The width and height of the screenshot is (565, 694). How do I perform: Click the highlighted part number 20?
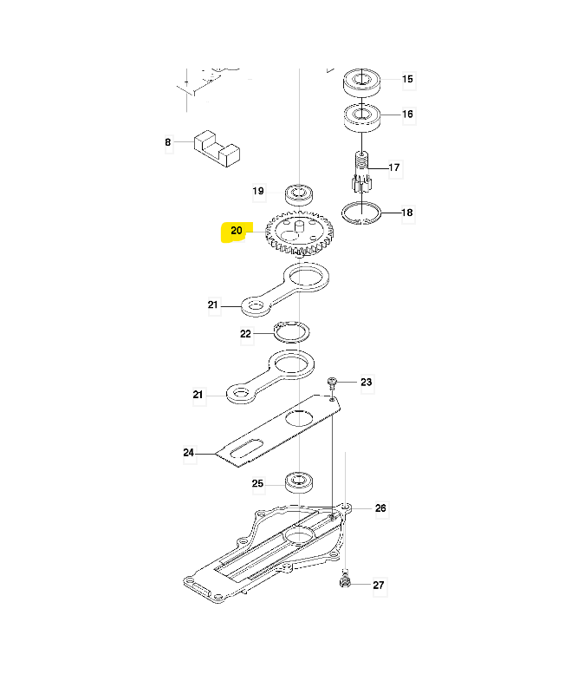click(x=237, y=231)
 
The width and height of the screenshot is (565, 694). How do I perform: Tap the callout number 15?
click(x=407, y=79)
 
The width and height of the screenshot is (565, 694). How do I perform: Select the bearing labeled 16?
click(x=362, y=117)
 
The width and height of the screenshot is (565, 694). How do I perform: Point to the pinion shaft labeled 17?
click(x=362, y=172)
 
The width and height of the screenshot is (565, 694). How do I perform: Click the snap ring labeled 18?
click(x=361, y=213)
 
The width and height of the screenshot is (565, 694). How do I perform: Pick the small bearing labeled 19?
click(x=299, y=194)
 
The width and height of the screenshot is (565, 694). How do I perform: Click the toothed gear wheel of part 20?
click(x=299, y=233)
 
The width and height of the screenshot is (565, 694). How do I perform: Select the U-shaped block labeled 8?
click(x=217, y=148)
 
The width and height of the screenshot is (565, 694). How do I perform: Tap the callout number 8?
click(x=168, y=142)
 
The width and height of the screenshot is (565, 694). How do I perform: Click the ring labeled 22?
click(x=291, y=331)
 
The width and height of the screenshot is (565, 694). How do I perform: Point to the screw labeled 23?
click(x=332, y=383)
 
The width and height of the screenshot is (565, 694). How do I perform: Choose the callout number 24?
click(x=189, y=453)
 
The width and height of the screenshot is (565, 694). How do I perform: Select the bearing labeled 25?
click(x=299, y=482)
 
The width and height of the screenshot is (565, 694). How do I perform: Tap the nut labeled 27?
click(x=345, y=580)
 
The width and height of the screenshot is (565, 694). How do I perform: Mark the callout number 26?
click(x=380, y=508)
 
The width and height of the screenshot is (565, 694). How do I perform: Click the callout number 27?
click(x=379, y=585)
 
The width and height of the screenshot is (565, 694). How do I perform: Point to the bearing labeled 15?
click(x=362, y=82)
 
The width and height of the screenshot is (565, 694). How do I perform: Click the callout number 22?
click(x=246, y=334)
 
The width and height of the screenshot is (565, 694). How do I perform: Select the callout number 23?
click(x=367, y=382)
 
